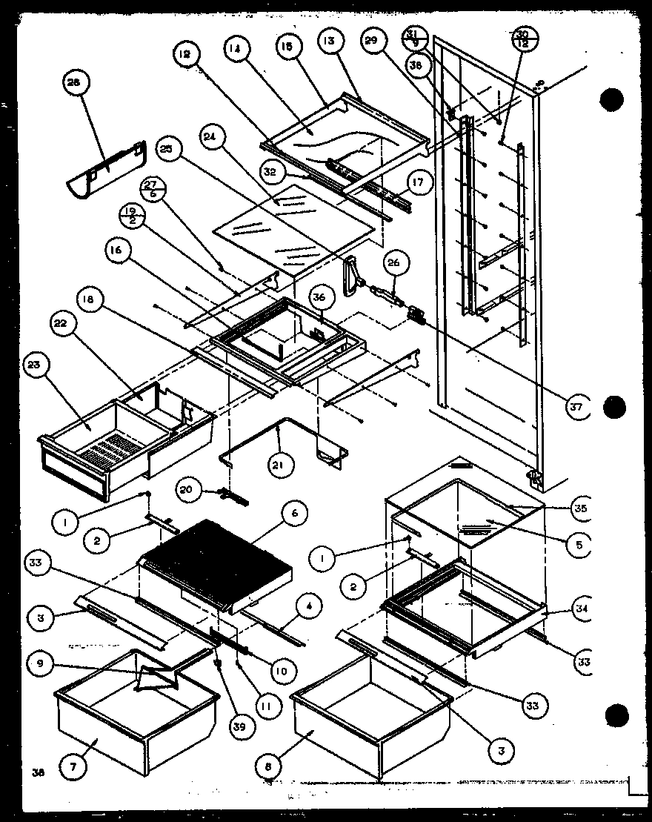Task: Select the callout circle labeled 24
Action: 211,136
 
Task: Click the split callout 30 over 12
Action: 523,36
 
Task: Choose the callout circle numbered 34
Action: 580,610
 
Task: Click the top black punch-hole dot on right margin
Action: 612,99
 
